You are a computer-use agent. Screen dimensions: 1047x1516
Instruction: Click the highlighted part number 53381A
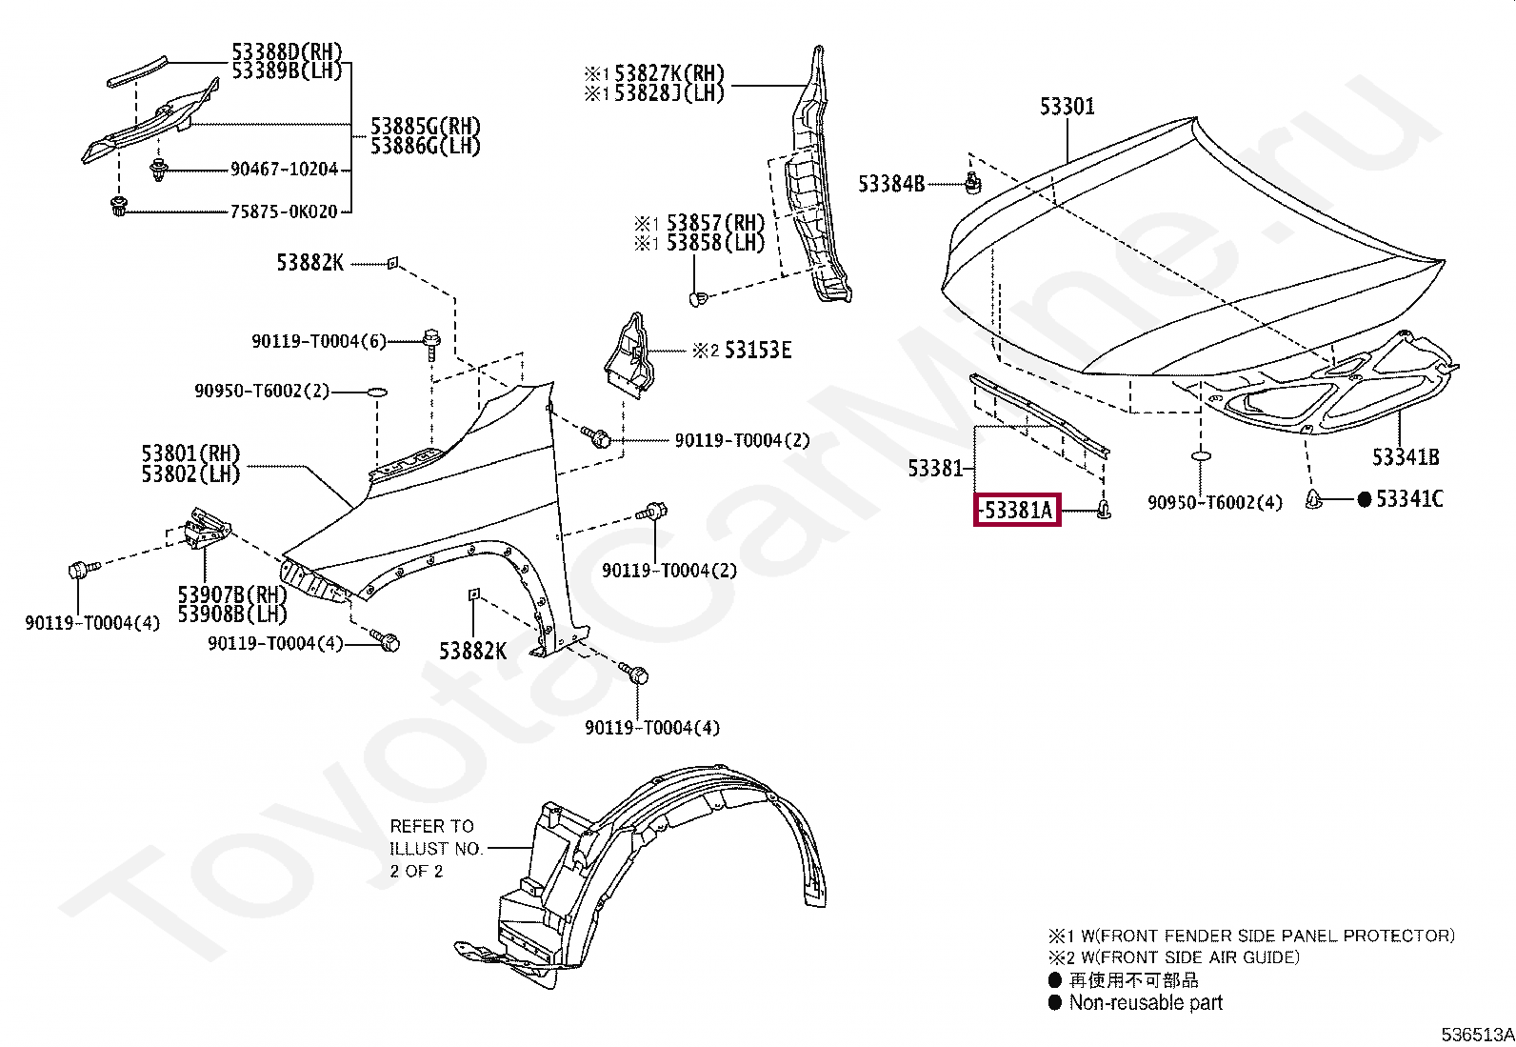[x=1017, y=511]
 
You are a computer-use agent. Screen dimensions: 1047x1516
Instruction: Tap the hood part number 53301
[x=1067, y=107]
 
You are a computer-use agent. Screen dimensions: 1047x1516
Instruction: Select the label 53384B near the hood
[x=890, y=184]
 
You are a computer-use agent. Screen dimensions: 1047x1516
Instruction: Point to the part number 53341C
[x=1409, y=498]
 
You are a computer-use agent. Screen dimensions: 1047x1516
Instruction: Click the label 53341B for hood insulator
[x=1405, y=457]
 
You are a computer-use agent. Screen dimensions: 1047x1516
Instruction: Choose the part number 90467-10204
[x=284, y=170]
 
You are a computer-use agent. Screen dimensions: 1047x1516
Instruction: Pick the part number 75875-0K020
[x=284, y=211]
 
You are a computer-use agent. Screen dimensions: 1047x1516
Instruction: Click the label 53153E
[x=757, y=351]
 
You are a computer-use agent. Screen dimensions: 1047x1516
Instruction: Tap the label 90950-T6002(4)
[x=1214, y=502]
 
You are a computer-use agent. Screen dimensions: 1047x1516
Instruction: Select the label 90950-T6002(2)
[x=262, y=391]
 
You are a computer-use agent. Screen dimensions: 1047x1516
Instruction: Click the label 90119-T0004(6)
[x=319, y=341]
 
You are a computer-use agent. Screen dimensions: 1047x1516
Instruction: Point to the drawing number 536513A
[x=1477, y=1035]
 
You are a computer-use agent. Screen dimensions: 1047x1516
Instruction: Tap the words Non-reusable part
[x=1146, y=1002]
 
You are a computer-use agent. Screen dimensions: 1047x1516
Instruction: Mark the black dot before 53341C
[x=1364, y=498]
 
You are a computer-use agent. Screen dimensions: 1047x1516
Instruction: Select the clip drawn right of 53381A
[x=1104, y=510]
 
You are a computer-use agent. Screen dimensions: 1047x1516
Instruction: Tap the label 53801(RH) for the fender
[x=190, y=453]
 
